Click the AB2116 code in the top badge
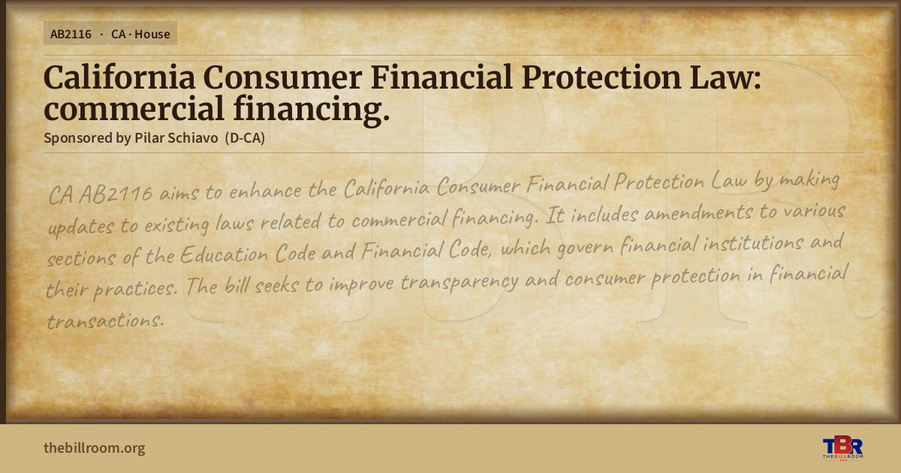coord(71,35)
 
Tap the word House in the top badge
coord(152,35)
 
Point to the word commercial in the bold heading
coord(134,109)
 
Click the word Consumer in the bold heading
coord(282,77)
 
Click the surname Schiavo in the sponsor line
coord(193,138)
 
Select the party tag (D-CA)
coord(245,138)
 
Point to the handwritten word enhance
coord(266,190)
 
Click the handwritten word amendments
coord(699,212)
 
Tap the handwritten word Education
coord(224,255)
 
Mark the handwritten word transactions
coord(105,321)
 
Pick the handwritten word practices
coord(135,288)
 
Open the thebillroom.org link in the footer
coord(95,448)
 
